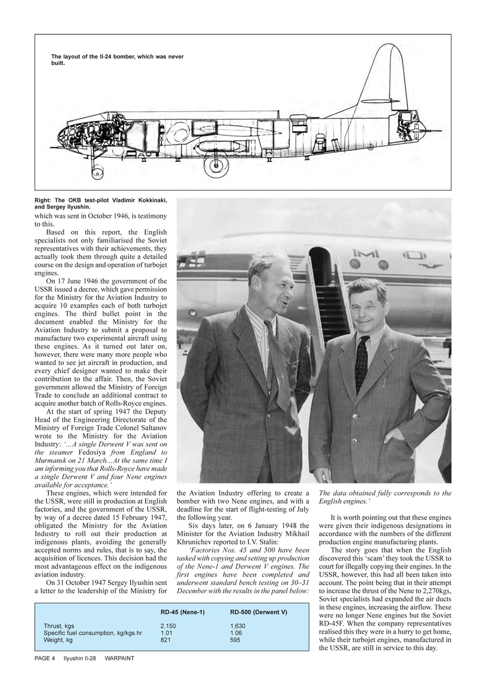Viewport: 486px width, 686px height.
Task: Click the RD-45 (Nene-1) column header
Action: (182, 612)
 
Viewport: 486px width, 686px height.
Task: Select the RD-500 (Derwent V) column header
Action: (258, 612)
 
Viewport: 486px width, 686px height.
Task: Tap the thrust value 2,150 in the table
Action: (168, 625)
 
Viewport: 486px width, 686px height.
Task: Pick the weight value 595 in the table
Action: (235, 640)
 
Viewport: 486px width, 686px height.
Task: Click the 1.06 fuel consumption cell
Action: (235, 633)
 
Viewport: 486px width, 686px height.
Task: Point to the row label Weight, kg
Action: (58, 640)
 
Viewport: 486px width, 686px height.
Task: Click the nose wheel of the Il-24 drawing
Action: (97, 172)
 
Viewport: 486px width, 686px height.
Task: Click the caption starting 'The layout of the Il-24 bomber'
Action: (117, 59)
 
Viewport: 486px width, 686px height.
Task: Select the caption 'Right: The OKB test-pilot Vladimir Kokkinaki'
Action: (100, 203)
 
